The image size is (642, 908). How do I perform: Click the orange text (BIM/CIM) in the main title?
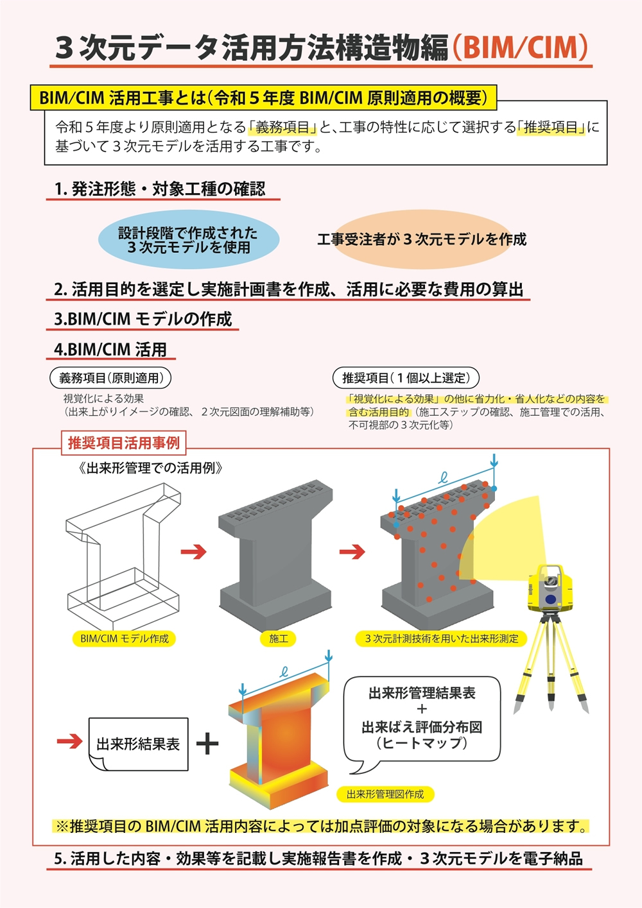tap(520, 48)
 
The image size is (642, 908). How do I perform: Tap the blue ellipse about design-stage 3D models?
tap(189, 239)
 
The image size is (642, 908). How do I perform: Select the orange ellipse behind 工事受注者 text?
tap(422, 239)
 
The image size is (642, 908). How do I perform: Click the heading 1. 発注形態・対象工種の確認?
tap(160, 189)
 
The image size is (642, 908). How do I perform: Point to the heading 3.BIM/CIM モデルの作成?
tap(143, 319)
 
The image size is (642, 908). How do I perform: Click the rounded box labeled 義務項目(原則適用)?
tap(110, 378)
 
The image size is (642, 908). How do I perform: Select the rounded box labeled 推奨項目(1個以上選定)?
tap(406, 378)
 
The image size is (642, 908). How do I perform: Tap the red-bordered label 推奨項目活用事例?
tap(124, 443)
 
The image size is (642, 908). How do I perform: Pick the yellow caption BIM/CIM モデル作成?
tap(124, 638)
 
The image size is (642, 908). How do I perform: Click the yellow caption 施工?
tap(279, 638)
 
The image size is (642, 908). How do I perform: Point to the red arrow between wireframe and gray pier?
tap(194, 551)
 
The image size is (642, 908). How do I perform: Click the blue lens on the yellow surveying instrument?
tap(550, 600)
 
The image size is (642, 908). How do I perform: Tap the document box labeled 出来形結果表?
tap(138, 744)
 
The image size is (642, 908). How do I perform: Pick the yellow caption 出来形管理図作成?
tap(385, 794)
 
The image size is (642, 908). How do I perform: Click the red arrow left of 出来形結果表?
tap(70, 741)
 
